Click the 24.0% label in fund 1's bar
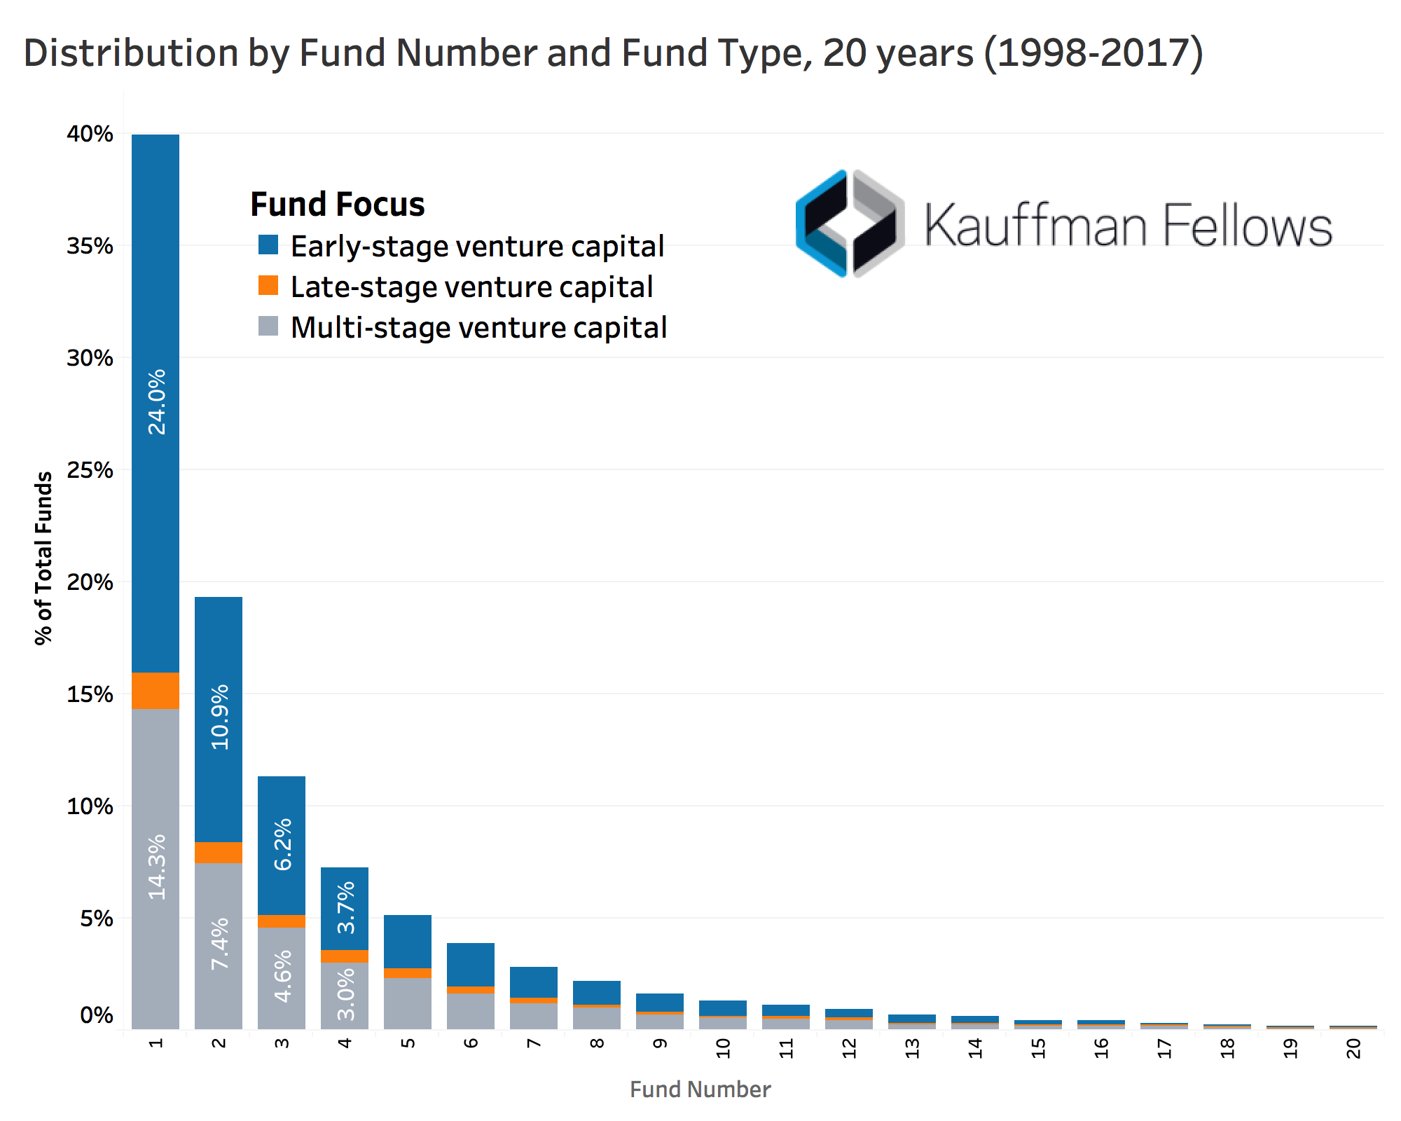(156, 402)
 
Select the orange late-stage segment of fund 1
(156, 691)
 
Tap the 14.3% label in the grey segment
(156, 867)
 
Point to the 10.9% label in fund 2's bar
(219, 717)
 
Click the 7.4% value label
(219, 944)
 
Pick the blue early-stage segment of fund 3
(282, 845)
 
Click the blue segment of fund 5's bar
(408, 942)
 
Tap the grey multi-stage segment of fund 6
(471, 1011)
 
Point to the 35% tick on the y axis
(90, 246)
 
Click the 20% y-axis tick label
(90, 582)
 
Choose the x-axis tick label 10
(724, 1048)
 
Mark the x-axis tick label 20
(1354, 1048)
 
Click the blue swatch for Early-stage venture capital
(268, 245)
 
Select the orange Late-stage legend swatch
(268, 286)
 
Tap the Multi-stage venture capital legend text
(478, 328)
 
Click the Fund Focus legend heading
(338, 205)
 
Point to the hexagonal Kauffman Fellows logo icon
(850, 223)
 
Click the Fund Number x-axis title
(700, 1089)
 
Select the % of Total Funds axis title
(43, 558)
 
